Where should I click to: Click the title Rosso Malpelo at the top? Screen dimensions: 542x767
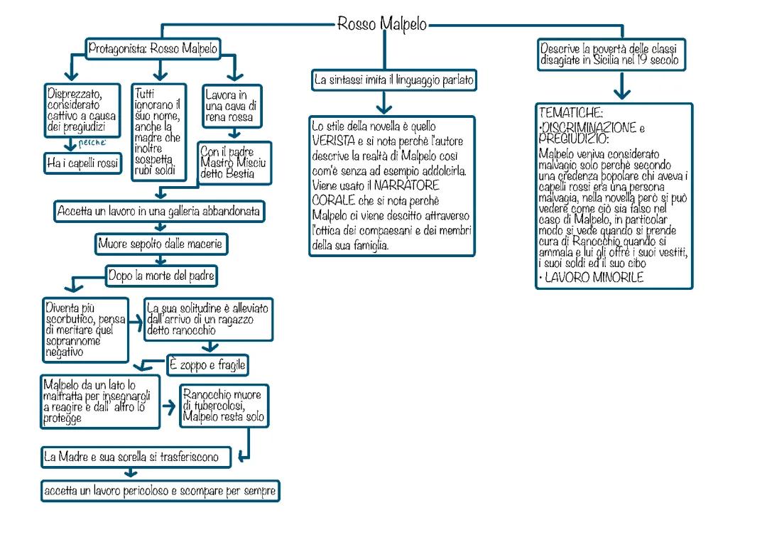click(382, 24)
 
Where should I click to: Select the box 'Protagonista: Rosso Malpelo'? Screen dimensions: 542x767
click(153, 49)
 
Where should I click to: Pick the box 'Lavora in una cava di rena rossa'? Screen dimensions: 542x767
click(232, 106)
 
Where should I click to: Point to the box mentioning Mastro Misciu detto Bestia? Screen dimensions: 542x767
click(232, 163)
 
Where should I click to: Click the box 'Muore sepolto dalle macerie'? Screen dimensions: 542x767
click(163, 245)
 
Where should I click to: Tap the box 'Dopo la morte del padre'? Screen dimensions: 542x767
click(162, 276)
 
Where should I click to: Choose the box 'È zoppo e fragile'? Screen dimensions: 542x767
click(208, 366)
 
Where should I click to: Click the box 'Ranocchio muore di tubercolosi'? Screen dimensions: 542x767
click(223, 406)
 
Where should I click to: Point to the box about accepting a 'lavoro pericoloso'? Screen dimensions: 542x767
click(160, 491)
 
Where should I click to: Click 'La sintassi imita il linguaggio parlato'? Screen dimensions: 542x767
click(393, 81)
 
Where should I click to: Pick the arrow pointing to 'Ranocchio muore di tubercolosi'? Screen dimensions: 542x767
click(170, 407)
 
